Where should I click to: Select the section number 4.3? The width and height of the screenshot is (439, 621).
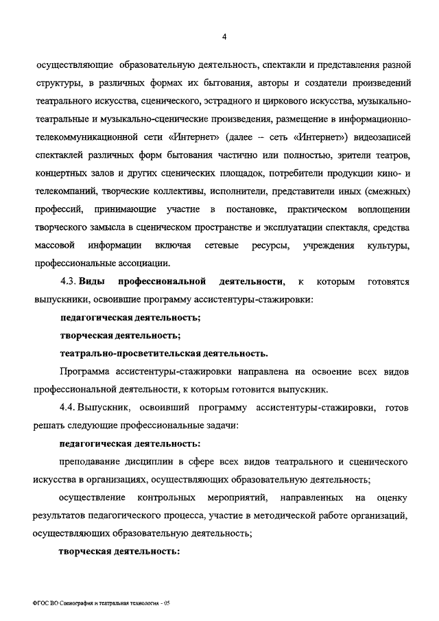coord(68,281)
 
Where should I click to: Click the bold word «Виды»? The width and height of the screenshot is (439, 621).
coord(93,281)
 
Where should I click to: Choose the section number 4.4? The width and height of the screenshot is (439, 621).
coord(68,408)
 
